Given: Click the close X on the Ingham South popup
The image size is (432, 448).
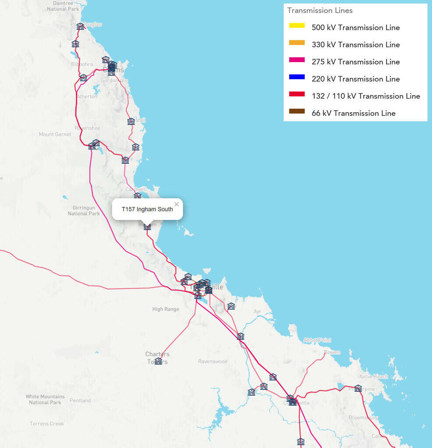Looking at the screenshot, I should pos(177,204).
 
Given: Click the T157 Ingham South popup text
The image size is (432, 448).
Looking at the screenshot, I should pos(147,209).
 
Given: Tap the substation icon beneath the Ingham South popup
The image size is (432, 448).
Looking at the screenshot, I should pos(147,227).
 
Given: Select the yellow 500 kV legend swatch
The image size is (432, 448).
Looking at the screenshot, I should pos(297,25).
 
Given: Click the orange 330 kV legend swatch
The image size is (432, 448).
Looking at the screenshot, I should pos(297,43).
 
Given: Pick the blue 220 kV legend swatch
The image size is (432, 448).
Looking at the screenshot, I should pos(297,77).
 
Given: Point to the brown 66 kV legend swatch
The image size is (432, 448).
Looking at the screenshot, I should pos(297,111).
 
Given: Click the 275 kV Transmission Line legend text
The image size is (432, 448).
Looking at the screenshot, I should pos(355,62).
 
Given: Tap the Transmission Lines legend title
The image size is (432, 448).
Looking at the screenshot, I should pos(319,10).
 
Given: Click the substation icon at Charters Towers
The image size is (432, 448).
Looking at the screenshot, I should pos(158,361).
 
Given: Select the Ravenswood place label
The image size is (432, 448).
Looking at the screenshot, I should pos(212,362).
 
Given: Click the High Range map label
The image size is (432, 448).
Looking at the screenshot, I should pos(166,309).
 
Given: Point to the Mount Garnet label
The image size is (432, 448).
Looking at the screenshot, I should pos(55,134).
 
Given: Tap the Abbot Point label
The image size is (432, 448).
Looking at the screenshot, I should pos(317,340).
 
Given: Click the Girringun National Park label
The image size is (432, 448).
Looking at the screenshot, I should pos(84,211).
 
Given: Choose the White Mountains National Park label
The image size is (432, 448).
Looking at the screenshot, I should pos(45,399).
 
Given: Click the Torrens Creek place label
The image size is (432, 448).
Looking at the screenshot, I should pos(46,423).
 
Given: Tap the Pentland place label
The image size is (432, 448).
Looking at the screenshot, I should pos(80,400).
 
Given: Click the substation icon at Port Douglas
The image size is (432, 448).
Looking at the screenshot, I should pos(80,26).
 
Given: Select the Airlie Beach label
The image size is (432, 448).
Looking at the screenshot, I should pos(373,377).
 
